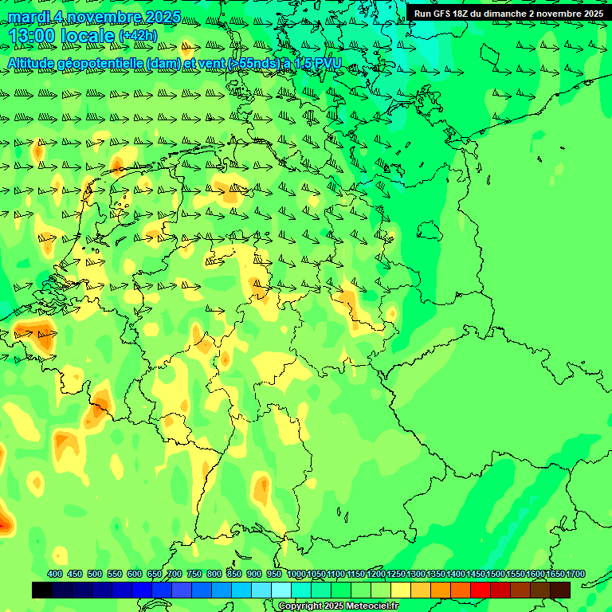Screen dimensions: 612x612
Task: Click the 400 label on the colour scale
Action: pyautogui.click(x=55, y=574)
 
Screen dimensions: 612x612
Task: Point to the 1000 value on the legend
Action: pyautogui.click(x=296, y=574)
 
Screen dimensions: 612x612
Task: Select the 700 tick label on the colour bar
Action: pyautogui.click(x=175, y=574)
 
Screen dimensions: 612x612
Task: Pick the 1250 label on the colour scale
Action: pyautogui.click(x=396, y=574)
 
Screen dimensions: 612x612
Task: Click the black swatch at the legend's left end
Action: pyautogui.click(x=42, y=590)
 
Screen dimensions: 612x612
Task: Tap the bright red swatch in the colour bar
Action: pyautogui.click(x=481, y=590)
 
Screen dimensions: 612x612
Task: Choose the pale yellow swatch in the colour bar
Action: pyautogui.click(x=401, y=590)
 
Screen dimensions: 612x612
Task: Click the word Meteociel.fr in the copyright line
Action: pyautogui.click(x=370, y=606)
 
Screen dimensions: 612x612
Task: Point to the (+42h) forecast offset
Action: pyautogui.click(x=138, y=36)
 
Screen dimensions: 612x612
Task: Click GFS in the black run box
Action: pyautogui.click(x=442, y=14)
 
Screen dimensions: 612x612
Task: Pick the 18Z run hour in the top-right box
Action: pyautogui.click(x=461, y=14)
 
